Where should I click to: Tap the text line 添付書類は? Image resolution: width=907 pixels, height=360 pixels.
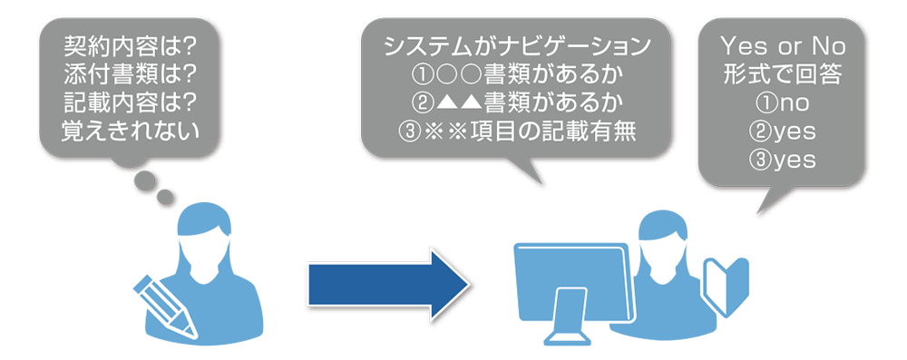click(x=130, y=74)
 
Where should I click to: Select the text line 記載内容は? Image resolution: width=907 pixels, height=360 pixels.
click(x=130, y=103)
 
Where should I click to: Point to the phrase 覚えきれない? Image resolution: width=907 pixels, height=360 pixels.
click(x=130, y=132)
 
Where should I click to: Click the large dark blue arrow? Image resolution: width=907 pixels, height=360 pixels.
click(x=387, y=284)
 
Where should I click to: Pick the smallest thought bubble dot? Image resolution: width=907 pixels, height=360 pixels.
click(x=165, y=198)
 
